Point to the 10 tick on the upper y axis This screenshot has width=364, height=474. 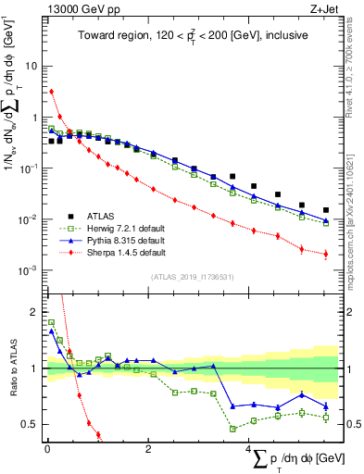click(x=32, y=67)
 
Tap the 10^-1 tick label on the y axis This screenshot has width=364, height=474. click(x=29, y=168)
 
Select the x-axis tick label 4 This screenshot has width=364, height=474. click(x=248, y=451)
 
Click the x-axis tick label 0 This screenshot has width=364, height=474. click(x=47, y=451)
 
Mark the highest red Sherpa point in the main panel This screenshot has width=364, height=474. click(x=52, y=92)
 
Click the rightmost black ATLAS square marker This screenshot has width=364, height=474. click(x=325, y=210)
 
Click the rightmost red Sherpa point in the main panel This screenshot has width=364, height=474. click(x=325, y=254)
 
